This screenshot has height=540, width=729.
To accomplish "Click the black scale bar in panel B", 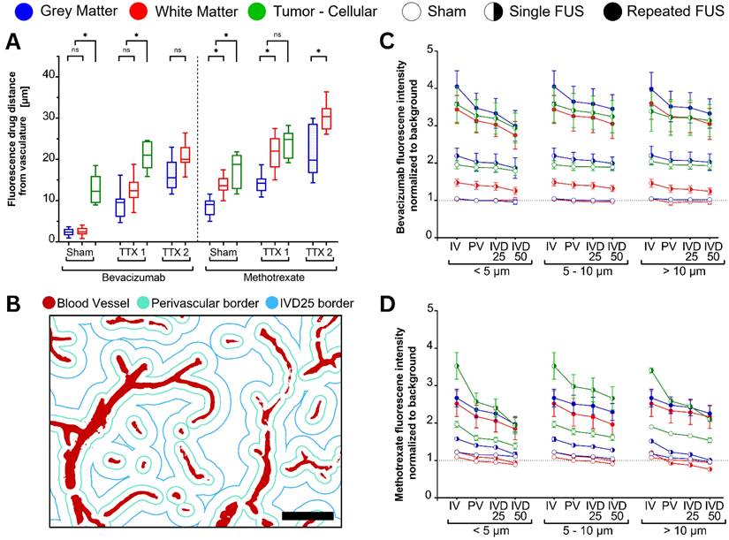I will click(x=308, y=515).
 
